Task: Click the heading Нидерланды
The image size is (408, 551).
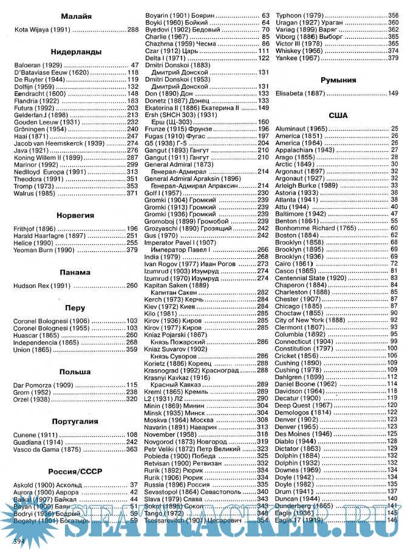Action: [76, 52]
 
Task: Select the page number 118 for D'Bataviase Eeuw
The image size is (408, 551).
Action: [132, 72]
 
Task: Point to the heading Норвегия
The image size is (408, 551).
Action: [76, 214]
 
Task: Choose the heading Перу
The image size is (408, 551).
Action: [76, 308]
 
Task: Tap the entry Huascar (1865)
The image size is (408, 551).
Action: [36, 335]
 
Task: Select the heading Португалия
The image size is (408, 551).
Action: [76, 420]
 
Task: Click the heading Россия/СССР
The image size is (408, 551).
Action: [76, 471]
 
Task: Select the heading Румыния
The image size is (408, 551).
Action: [337, 80]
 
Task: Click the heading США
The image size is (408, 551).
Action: [337, 115]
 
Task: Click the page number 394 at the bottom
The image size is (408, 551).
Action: [21, 539]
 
